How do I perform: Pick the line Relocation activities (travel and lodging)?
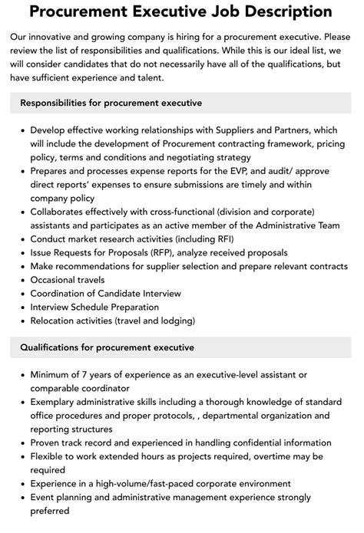pos(112,321)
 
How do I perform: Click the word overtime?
pos(276,457)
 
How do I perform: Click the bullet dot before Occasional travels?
pos(21,279)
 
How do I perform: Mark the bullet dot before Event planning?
pos(21,498)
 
